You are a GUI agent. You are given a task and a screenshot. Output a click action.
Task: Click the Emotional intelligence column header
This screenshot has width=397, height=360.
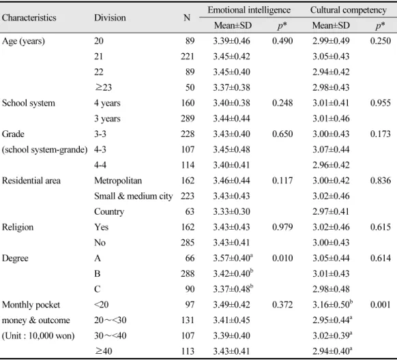(249, 10)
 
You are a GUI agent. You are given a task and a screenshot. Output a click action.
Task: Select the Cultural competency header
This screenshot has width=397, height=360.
(349, 10)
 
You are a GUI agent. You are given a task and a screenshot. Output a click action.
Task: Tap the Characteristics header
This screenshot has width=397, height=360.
(29, 18)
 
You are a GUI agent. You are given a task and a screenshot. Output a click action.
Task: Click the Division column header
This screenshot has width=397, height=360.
(110, 18)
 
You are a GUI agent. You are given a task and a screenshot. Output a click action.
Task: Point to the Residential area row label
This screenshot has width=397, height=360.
(31, 181)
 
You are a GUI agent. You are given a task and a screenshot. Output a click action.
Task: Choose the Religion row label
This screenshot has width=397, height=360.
(18, 227)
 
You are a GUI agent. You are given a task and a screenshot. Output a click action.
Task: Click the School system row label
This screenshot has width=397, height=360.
(29, 103)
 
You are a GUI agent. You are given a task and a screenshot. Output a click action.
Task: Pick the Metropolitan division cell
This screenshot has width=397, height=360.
(118, 181)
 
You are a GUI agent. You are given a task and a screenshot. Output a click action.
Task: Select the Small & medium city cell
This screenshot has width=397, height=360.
(134, 196)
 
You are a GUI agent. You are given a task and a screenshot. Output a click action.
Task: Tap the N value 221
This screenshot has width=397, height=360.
(188, 57)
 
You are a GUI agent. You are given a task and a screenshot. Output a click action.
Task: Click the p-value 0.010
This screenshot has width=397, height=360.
(282, 258)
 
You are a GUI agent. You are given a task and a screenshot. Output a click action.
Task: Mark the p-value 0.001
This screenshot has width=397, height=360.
(381, 305)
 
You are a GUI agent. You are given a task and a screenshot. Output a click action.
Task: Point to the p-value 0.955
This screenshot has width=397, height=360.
(381, 103)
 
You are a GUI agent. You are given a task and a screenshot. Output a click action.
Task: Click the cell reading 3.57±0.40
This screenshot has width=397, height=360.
(233, 258)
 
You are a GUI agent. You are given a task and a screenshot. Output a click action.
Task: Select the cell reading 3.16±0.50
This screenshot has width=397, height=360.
(332, 304)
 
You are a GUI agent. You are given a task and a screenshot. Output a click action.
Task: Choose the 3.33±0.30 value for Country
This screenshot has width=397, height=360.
(231, 211)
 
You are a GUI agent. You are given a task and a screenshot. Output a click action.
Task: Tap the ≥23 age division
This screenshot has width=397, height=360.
(103, 87)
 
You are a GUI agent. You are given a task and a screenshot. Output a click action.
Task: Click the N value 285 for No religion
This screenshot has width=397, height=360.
(188, 243)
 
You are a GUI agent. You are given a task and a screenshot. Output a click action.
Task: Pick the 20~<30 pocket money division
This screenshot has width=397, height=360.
(110, 320)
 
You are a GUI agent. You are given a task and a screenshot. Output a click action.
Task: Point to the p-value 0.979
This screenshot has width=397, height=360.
(282, 227)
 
